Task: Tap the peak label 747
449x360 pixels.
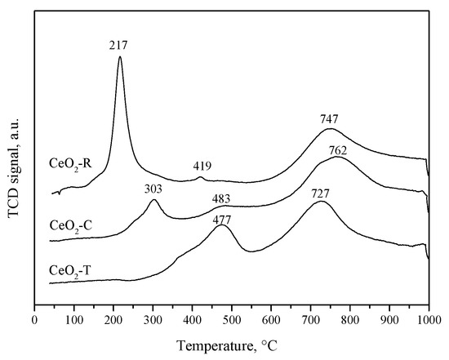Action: click(x=330, y=119)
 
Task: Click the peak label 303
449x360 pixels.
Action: click(x=153, y=189)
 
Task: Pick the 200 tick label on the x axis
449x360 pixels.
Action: click(x=113, y=319)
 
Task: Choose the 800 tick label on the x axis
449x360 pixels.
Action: click(x=350, y=319)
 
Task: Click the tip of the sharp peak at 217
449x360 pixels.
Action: click(x=120, y=56)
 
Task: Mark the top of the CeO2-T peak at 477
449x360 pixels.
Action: click(x=223, y=225)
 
